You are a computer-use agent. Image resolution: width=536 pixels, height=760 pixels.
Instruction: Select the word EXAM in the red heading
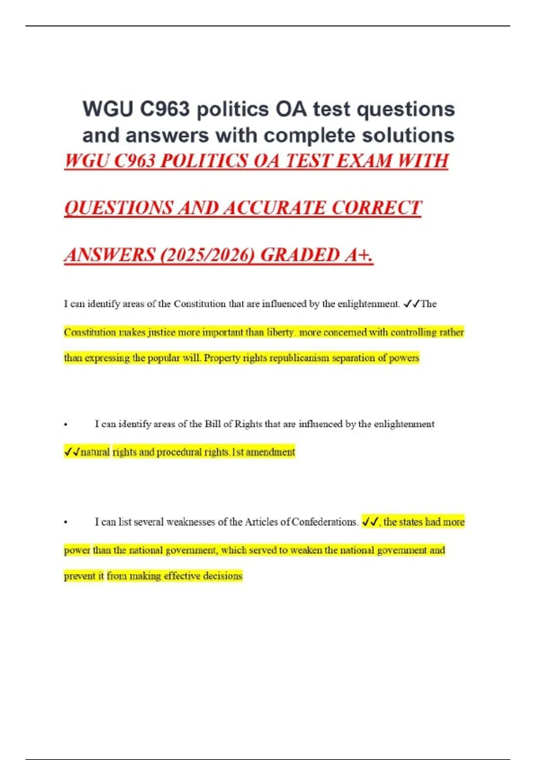365,161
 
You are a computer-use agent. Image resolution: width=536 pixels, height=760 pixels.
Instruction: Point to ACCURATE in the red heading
274,208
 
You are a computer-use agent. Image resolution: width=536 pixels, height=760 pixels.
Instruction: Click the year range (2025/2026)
207,255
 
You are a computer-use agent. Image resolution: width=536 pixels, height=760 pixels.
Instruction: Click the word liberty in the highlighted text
280,332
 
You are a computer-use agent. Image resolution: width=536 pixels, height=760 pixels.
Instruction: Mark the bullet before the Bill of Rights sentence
66,424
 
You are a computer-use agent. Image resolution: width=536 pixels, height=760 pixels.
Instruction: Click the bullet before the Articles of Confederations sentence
66,522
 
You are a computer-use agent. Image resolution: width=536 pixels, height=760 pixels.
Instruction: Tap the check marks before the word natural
72,452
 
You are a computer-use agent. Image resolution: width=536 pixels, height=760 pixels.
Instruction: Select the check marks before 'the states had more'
370,522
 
